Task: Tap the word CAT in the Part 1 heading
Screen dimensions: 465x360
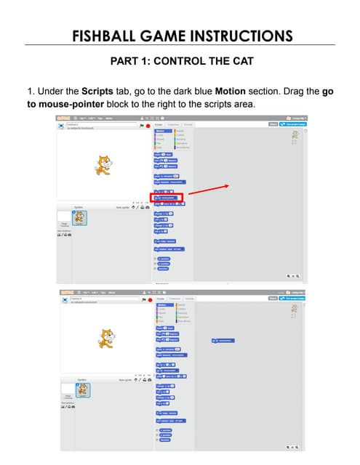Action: (241, 61)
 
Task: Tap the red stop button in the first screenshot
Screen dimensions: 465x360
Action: (148, 126)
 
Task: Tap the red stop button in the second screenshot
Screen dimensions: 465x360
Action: (148, 299)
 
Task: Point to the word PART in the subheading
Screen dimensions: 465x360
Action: (125, 61)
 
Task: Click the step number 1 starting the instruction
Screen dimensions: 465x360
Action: (30, 92)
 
